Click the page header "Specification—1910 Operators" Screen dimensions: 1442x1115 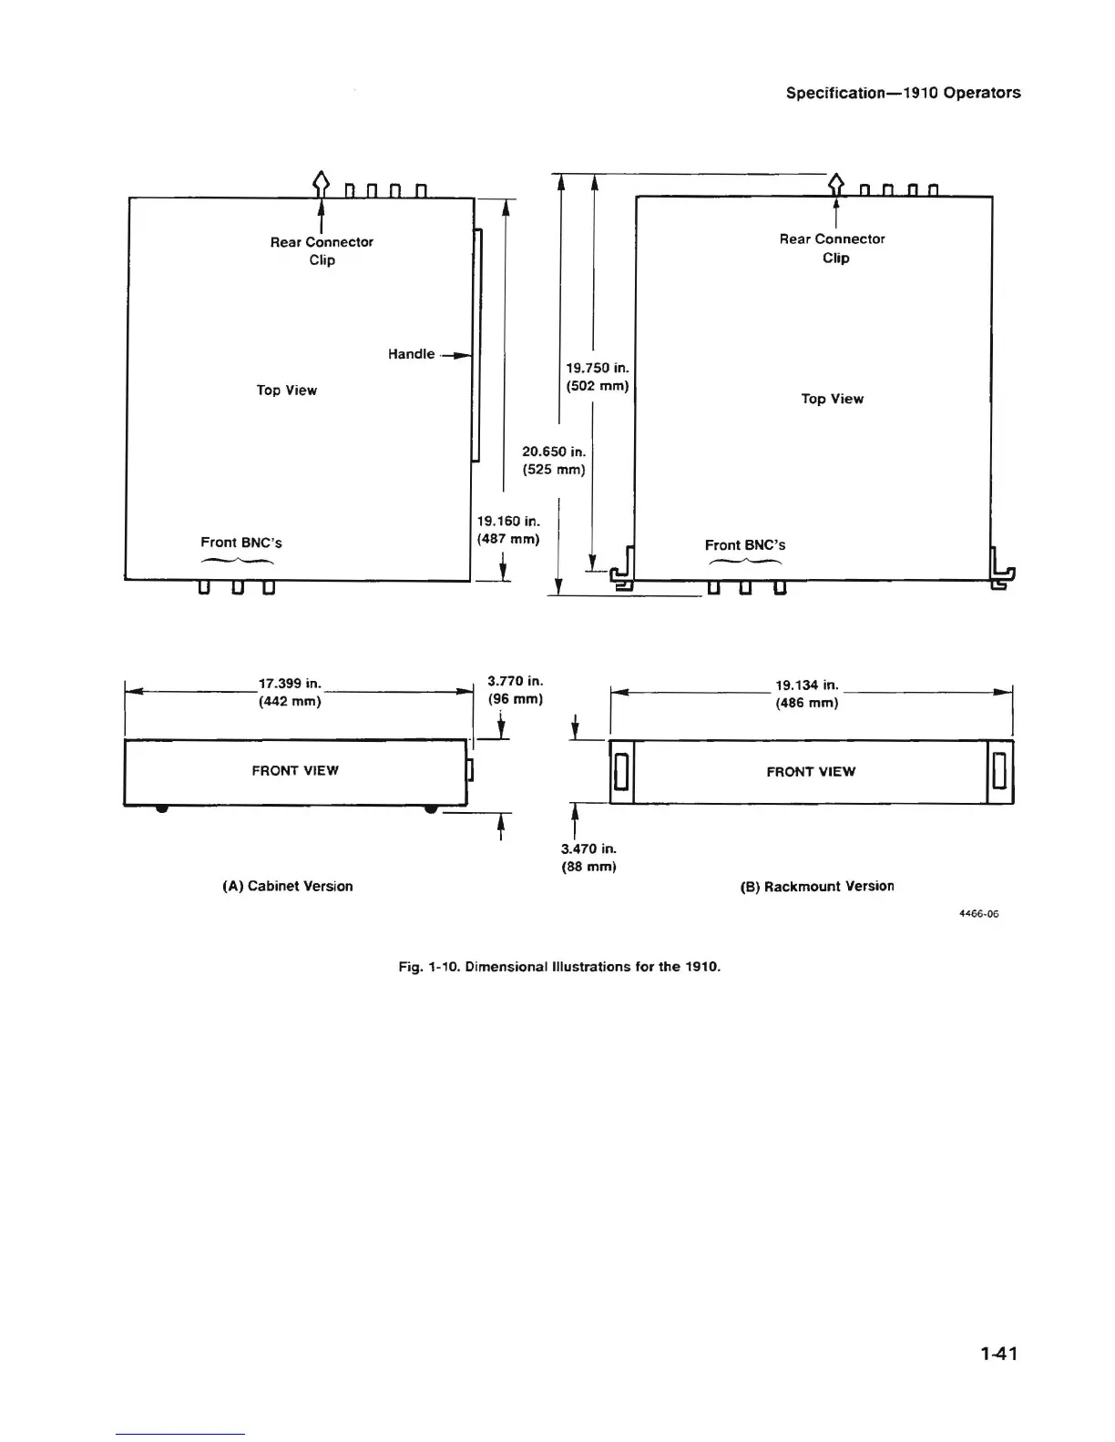pyautogui.click(x=903, y=93)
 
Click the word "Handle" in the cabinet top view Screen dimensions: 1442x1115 pyautogui.click(x=411, y=354)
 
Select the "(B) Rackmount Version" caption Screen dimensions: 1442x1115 pyautogui.click(x=816, y=886)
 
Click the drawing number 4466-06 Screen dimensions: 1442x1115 pyautogui.click(x=979, y=914)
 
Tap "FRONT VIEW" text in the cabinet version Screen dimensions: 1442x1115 pyautogui.click(x=295, y=771)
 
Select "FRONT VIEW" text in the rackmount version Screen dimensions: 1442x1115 pyautogui.click(x=811, y=772)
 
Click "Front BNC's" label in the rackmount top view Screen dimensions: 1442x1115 pyautogui.click(x=744, y=545)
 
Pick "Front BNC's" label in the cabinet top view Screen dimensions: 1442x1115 pyautogui.click(x=241, y=543)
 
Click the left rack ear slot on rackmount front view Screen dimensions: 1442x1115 pyautogui.click(x=620, y=772)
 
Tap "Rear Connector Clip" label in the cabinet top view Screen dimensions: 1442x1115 pyautogui.click(x=322, y=250)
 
